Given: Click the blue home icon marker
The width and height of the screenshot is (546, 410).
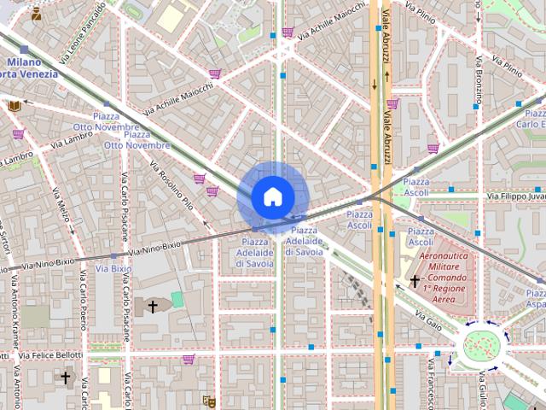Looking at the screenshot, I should tap(272, 197).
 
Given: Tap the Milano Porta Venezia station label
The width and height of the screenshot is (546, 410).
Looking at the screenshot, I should tap(31, 67).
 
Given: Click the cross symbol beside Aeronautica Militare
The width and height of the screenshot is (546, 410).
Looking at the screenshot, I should tap(415, 281).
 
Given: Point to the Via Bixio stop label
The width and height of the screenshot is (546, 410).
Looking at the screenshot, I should tap(113, 268).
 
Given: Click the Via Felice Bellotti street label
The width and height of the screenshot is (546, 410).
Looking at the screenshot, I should tap(51, 354).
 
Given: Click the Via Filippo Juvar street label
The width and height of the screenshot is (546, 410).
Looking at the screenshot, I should tap(515, 196).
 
